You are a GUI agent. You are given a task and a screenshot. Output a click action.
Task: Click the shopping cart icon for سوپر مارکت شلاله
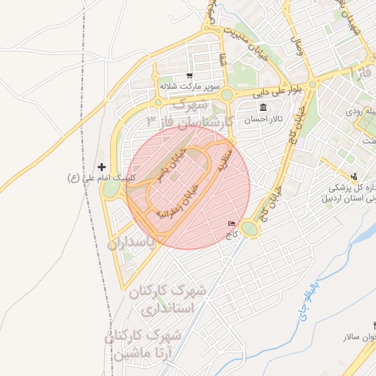coord(189,76)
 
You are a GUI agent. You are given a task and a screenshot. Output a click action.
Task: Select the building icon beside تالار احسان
coord(263,109)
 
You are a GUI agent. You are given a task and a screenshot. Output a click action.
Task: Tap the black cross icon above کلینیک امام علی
coord(101,167)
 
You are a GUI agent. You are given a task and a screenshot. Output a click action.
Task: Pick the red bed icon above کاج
coord(232,225)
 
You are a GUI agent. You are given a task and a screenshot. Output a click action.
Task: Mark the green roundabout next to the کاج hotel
coord(250,230)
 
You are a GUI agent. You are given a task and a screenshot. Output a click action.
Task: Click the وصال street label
coord(297,49)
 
